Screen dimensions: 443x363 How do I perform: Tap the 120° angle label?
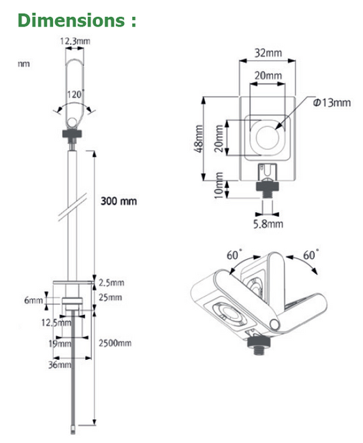76,93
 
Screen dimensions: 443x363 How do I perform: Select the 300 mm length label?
119,201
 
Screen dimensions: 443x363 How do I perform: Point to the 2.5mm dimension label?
112,283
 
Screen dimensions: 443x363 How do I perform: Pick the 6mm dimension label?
33,300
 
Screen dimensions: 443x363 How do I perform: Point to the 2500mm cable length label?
115,343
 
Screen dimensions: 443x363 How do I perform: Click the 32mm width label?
266,51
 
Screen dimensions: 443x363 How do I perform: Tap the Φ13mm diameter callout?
331,102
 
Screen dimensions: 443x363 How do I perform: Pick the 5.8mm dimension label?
267,223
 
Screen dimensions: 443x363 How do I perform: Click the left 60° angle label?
234,255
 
